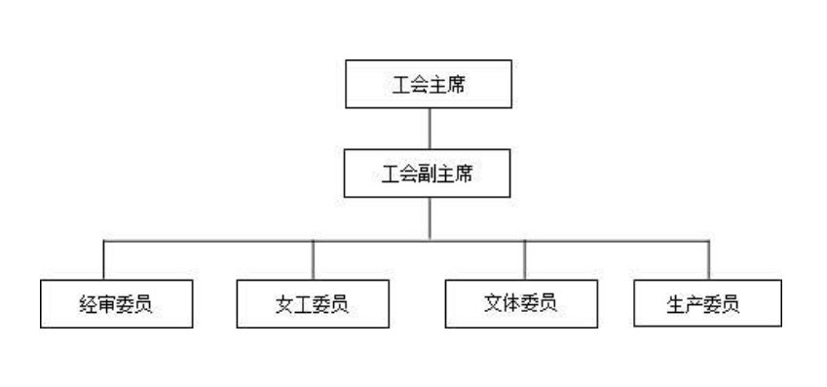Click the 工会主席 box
(429, 85)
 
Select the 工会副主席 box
(429, 174)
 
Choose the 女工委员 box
(313, 303)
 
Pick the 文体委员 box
(521, 303)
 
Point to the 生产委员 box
(706, 303)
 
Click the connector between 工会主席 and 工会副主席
(429, 129)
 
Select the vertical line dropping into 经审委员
(104, 259)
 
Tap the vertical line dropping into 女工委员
(313, 259)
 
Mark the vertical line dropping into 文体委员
(525, 259)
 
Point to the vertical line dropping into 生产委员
(708, 259)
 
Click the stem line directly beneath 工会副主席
(429, 217)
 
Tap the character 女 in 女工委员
(283, 304)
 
